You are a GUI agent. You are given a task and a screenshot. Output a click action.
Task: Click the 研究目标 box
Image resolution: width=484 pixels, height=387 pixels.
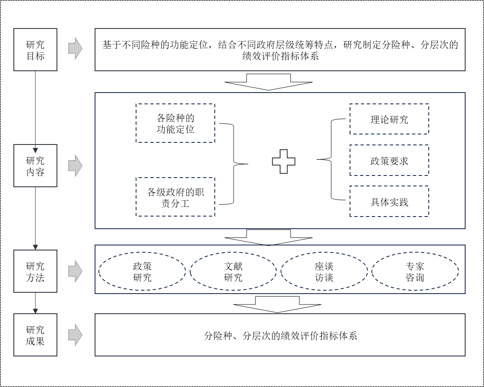pyautogui.click(x=35, y=50)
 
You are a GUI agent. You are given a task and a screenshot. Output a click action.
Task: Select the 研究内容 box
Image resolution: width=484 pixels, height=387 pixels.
pyautogui.click(x=35, y=166)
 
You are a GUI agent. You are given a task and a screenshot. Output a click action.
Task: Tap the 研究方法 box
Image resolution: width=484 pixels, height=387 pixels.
pyautogui.click(x=35, y=271)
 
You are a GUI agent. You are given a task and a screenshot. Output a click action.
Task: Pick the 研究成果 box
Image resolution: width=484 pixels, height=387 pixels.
pyautogui.click(x=35, y=335)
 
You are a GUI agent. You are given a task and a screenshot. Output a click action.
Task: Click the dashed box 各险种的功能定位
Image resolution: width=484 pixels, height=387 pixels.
pyautogui.click(x=175, y=124)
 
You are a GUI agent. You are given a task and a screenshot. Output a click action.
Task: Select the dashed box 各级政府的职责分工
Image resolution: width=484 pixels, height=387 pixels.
pyautogui.click(x=175, y=197)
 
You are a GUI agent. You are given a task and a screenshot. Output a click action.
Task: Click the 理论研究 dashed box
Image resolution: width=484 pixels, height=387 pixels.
pyautogui.click(x=389, y=119)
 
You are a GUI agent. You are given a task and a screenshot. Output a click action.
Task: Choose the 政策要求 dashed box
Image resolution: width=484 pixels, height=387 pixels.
pyautogui.click(x=389, y=160)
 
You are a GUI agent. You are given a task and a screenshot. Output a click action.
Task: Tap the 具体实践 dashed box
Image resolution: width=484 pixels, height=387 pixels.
pyautogui.click(x=389, y=201)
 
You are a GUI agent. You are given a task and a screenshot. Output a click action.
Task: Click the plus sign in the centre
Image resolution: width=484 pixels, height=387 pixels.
pyautogui.click(x=283, y=161)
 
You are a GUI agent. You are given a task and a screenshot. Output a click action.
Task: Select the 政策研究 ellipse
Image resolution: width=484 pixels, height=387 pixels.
pyautogui.click(x=142, y=271)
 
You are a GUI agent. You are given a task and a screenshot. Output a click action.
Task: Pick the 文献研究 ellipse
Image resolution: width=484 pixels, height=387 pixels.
pyautogui.click(x=233, y=271)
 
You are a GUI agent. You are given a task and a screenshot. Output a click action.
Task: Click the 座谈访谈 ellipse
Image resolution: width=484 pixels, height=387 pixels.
pyautogui.click(x=324, y=271)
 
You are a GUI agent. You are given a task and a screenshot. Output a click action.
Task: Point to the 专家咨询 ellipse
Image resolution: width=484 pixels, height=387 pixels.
pyautogui.click(x=415, y=271)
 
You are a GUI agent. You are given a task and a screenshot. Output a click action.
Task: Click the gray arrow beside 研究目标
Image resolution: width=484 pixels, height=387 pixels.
pyautogui.click(x=75, y=49)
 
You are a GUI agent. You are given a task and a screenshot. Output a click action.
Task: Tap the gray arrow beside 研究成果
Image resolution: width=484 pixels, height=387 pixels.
pyautogui.click(x=75, y=335)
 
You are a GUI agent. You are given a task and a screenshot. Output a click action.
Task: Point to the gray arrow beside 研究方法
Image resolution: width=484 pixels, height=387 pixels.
pyautogui.click(x=75, y=271)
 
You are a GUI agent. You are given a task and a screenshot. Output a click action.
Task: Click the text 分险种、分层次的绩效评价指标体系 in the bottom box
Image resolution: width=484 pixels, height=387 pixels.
pyautogui.click(x=280, y=335)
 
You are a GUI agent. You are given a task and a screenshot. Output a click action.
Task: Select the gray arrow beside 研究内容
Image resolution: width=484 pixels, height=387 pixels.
pyautogui.click(x=75, y=165)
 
